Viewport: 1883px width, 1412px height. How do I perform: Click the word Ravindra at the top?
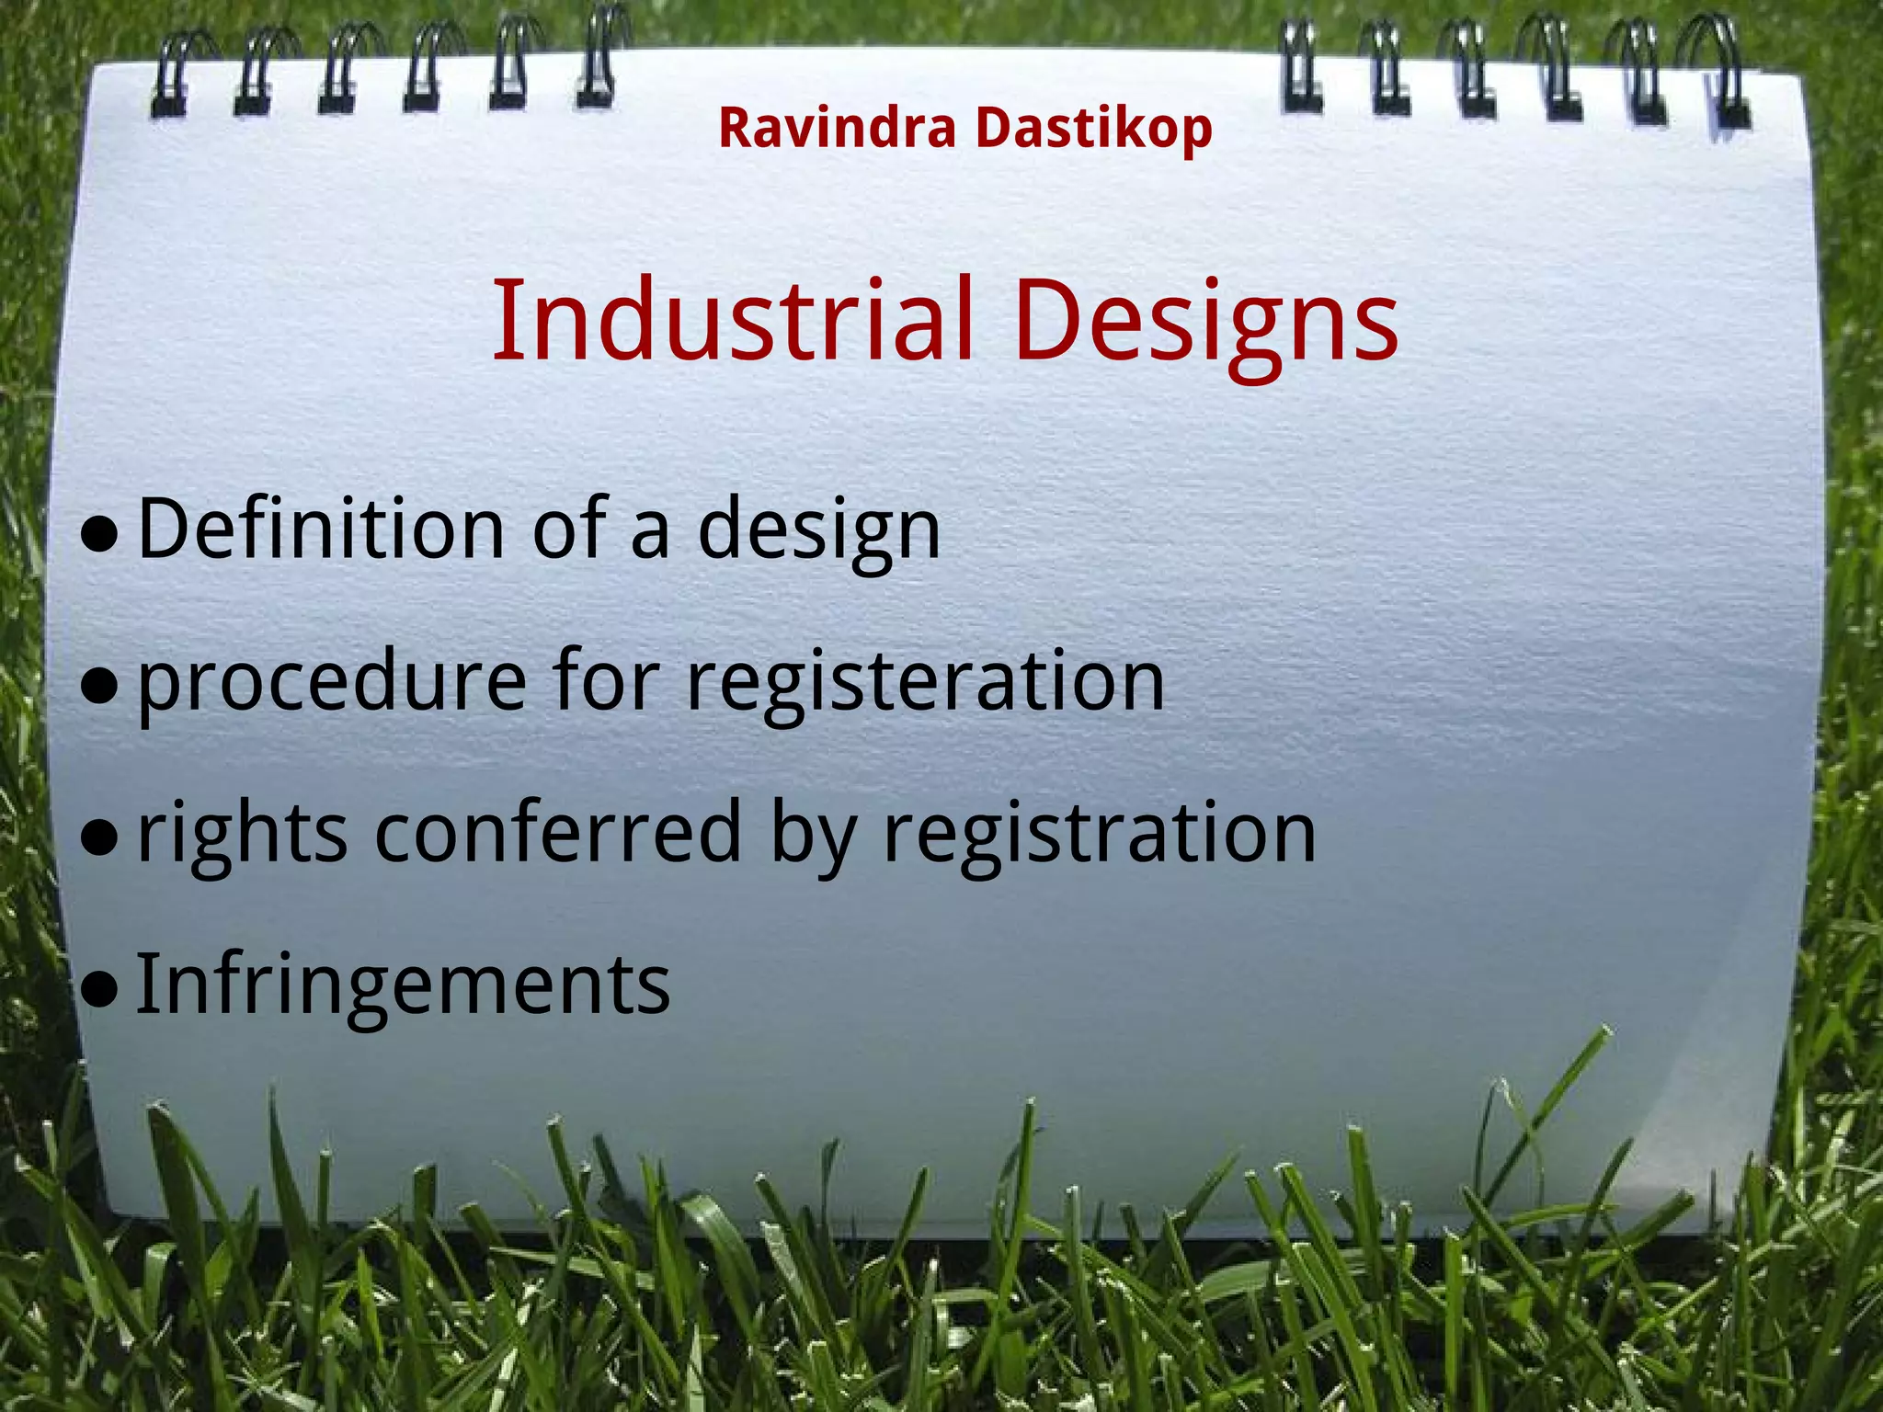pos(837,128)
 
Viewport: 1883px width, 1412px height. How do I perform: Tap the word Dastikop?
pos(1093,130)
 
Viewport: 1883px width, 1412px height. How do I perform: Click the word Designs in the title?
pos(1205,324)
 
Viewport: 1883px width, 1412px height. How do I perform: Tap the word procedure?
pos(332,682)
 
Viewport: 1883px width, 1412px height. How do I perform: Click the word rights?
pos(242,835)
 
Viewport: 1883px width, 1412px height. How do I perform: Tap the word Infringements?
pos(403,985)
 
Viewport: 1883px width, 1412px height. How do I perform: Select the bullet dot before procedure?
pos(99,686)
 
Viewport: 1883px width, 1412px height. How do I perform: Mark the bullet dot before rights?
pos(99,837)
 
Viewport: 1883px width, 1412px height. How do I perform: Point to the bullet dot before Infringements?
pos(99,989)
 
